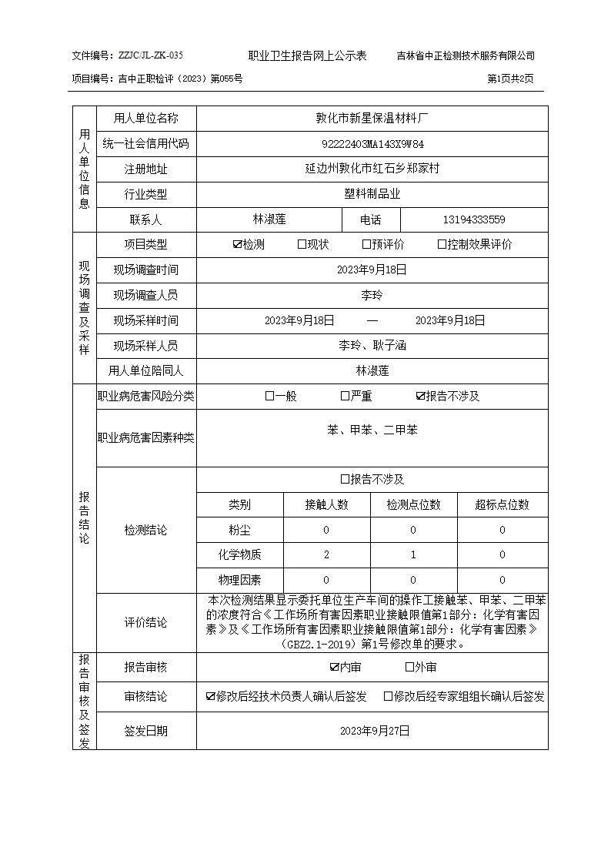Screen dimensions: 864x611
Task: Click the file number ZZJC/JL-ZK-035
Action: click(150, 55)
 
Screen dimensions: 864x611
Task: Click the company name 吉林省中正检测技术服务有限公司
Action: click(465, 55)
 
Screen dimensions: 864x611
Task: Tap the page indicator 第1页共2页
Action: click(510, 79)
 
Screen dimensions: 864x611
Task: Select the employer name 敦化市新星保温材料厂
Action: click(372, 118)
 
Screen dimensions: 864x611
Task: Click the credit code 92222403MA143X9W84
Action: click(372, 144)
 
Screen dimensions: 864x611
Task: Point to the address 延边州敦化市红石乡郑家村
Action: click(372, 168)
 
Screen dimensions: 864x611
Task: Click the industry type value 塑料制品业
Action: click(372, 194)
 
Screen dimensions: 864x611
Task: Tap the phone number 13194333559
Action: click(474, 219)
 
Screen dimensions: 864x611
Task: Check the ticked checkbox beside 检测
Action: click(237, 245)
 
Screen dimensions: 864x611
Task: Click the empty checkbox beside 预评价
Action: click(366, 245)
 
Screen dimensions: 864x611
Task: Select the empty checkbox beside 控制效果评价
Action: click(442, 245)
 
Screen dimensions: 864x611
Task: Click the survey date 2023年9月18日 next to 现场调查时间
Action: click(372, 270)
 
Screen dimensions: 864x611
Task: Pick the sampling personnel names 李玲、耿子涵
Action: click(372, 345)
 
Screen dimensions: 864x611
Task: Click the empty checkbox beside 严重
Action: click(345, 396)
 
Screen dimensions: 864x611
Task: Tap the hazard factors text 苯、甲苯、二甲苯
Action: click(372, 430)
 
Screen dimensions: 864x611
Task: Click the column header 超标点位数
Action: click(502, 504)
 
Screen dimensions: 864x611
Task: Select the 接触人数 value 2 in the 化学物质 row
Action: click(326, 554)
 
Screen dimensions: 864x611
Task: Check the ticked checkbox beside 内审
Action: click(334, 668)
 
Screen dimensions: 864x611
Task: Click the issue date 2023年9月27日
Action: click(372, 730)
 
